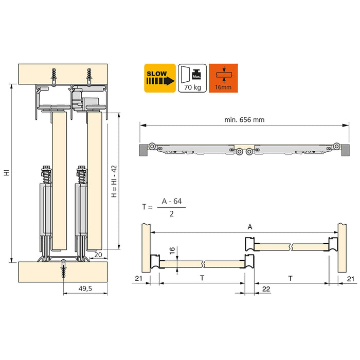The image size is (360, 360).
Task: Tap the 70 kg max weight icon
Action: (192, 78)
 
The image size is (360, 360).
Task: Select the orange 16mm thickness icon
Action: (223, 78)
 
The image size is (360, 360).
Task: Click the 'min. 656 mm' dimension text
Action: (244, 120)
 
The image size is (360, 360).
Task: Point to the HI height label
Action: (6, 174)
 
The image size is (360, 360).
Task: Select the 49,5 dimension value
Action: (85, 289)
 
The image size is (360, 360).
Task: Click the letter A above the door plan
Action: (250, 227)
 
